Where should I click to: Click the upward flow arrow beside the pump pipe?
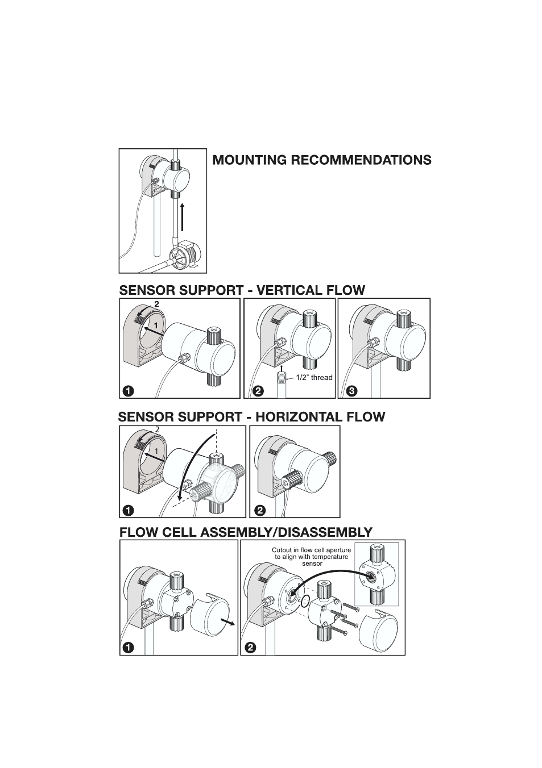(182, 216)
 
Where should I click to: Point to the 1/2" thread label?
(314, 378)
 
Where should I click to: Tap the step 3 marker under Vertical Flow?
(352, 391)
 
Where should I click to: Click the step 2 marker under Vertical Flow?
(258, 391)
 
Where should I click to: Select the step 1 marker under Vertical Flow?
(129, 391)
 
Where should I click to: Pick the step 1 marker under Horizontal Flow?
(129, 510)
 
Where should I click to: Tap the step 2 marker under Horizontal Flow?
(260, 510)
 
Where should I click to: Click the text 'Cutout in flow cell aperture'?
(311, 550)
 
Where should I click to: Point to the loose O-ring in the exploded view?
(305, 600)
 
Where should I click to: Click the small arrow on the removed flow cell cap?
(227, 622)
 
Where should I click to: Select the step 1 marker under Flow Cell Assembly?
(129, 648)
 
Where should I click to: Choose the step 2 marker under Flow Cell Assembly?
(251, 648)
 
